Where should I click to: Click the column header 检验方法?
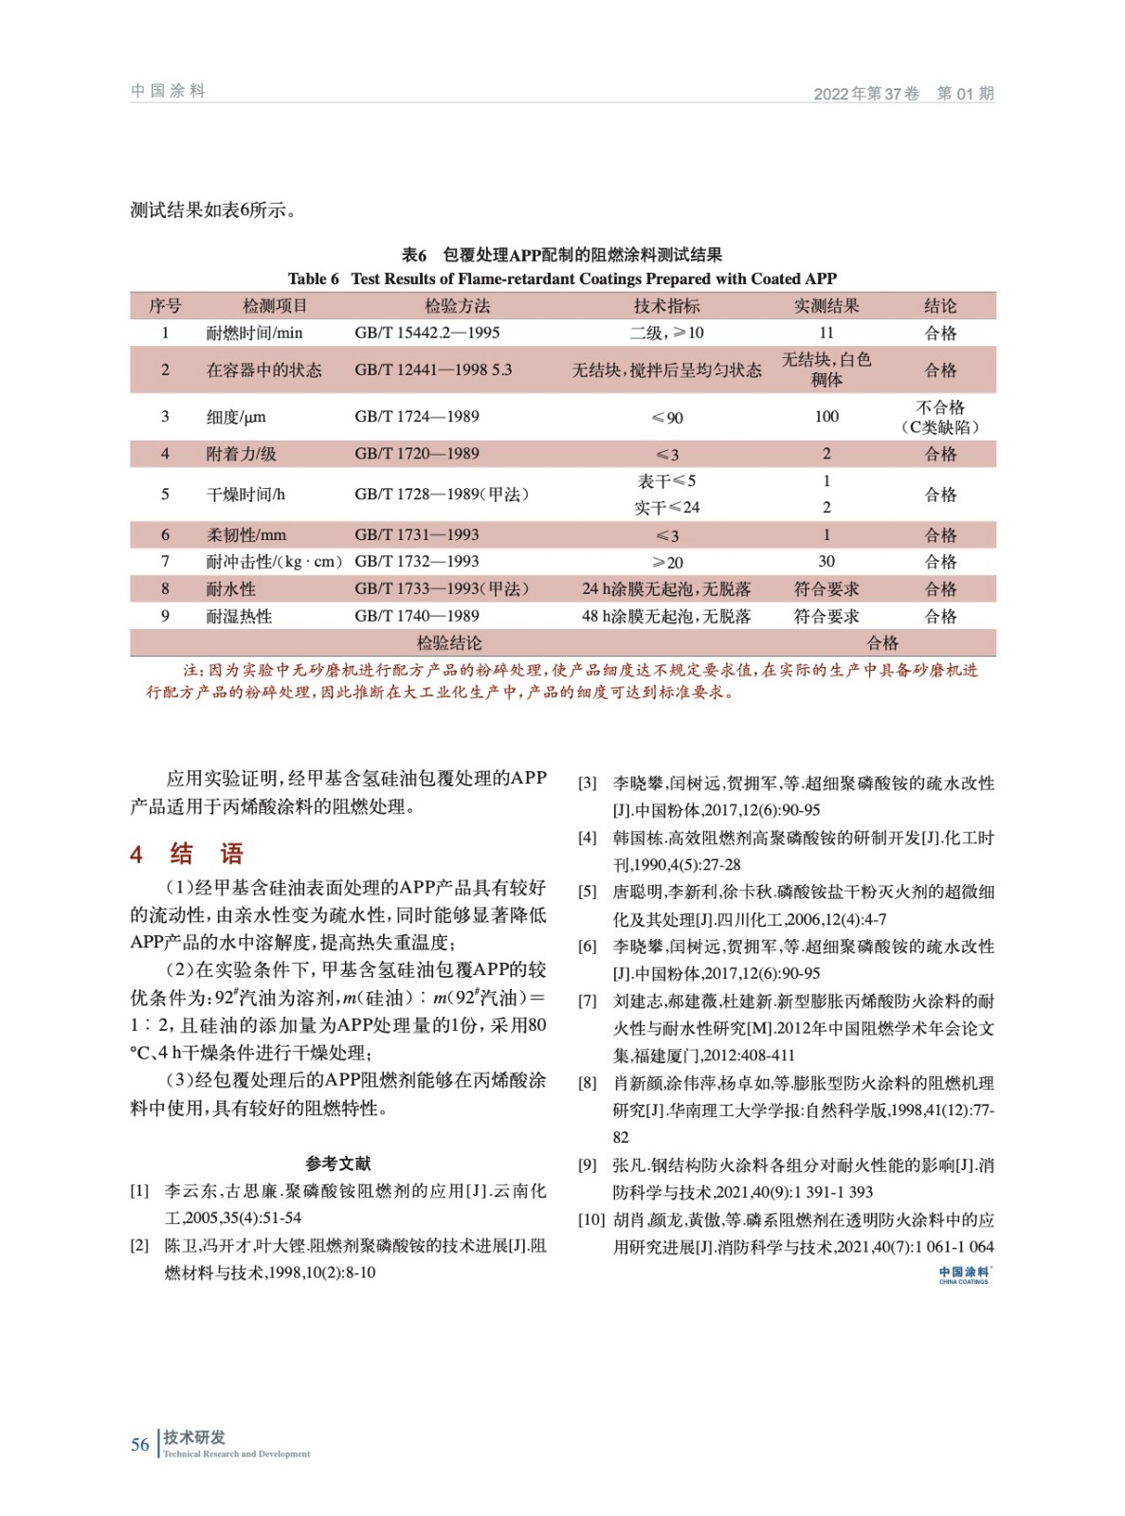[x=457, y=306]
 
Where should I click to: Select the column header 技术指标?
[x=666, y=306]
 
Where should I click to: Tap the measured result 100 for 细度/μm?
[x=826, y=416]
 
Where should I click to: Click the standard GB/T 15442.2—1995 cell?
[x=427, y=333]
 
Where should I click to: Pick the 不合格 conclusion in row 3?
[x=940, y=407]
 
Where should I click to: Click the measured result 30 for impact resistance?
[x=826, y=562]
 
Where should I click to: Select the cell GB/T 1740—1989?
[x=417, y=616]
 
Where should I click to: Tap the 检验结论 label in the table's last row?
[x=449, y=642]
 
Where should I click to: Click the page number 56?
[x=140, y=1445]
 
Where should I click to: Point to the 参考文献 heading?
[x=338, y=1164]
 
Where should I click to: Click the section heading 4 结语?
[x=188, y=854]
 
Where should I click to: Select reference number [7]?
[x=588, y=1002]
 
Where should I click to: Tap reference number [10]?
[x=591, y=1219]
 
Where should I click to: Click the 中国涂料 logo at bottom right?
[x=964, y=1274]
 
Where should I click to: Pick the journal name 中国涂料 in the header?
[x=168, y=91]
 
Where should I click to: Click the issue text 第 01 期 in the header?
[x=965, y=93]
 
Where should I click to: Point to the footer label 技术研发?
[x=194, y=1437]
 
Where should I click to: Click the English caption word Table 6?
[x=313, y=279]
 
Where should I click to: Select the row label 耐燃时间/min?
[x=254, y=333]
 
